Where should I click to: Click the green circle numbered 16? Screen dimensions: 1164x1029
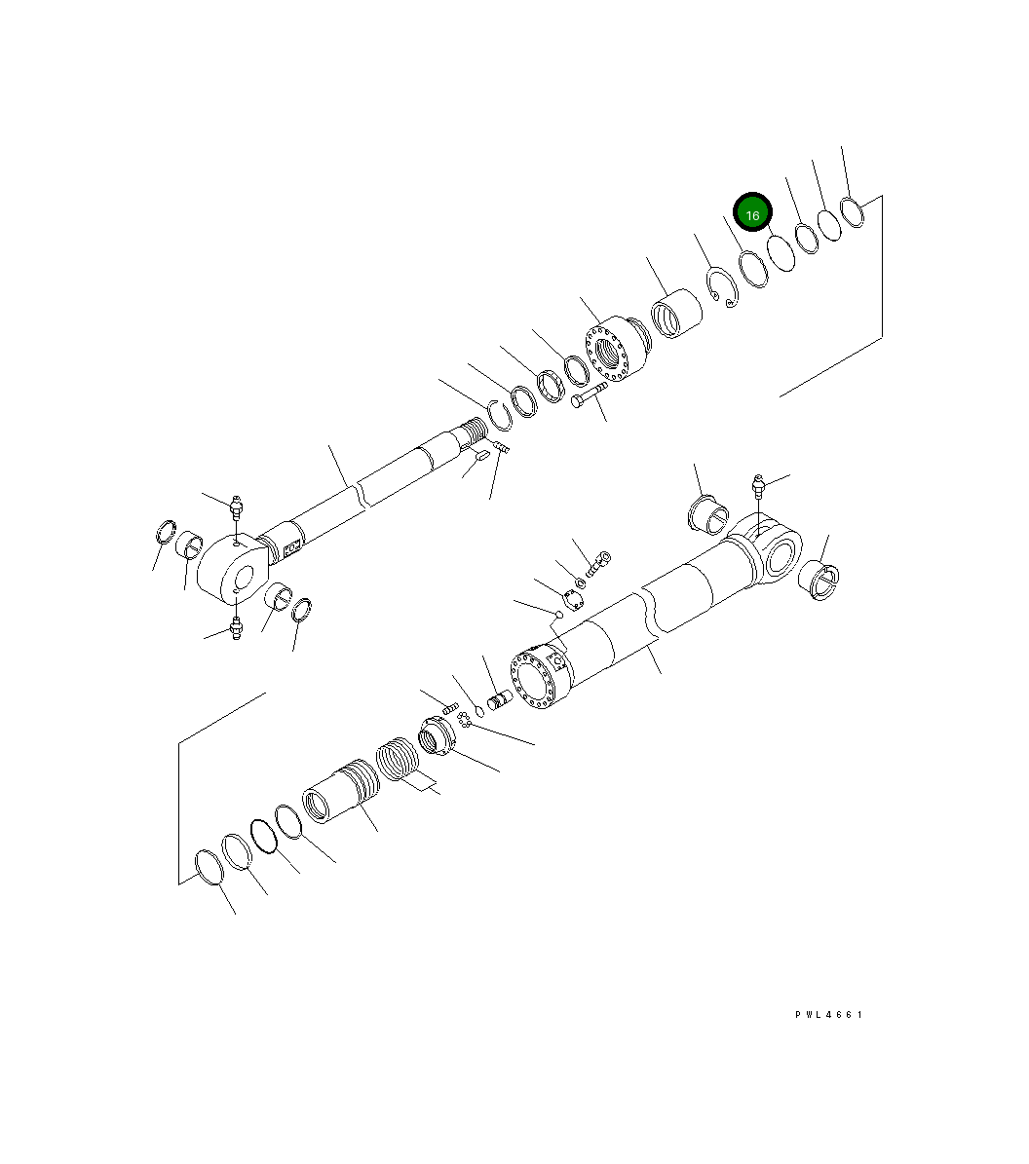pyautogui.click(x=752, y=213)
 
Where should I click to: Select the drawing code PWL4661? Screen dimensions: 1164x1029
pyautogui.click(x=828, y=1015)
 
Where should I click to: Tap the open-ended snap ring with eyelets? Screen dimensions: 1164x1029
pyautogui.click(x=723, y=290)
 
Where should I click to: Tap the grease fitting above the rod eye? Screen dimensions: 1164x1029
pyautogui.click(x=235, y=508)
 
